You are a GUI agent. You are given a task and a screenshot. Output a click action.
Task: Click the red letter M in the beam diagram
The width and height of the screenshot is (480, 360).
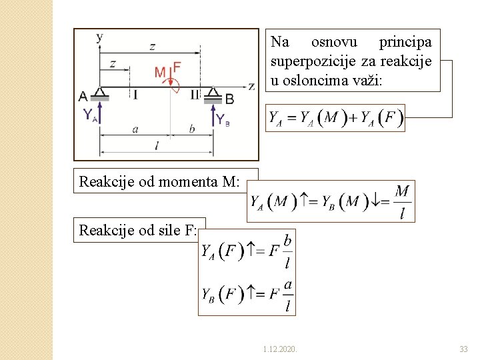tap(161, 71)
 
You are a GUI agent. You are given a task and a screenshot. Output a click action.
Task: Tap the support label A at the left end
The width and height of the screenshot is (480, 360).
tap(83, 97)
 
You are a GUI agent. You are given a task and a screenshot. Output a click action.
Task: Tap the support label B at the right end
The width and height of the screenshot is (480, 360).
tap(229, 99)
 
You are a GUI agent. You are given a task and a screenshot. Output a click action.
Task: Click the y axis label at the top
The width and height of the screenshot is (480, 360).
tap(99, 37)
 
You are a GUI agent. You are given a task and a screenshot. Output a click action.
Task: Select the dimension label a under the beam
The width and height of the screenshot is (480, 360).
tap(135, 129)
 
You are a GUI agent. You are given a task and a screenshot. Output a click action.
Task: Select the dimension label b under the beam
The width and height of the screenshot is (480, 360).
tap(192, 129)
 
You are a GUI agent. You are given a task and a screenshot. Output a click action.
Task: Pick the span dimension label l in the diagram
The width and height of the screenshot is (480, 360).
tap(157, 145)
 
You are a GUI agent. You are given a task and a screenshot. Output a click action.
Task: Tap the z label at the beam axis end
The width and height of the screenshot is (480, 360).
tap(251, 85)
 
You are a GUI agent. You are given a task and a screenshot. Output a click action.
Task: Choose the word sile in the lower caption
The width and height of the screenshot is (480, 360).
tap(164, 231)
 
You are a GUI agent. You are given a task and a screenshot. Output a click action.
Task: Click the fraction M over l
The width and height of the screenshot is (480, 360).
tap(402, 201)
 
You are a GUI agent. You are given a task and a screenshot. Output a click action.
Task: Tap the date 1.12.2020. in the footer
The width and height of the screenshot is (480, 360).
tap(281, 349)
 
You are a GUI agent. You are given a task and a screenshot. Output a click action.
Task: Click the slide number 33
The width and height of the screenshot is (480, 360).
tap(463, 349)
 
